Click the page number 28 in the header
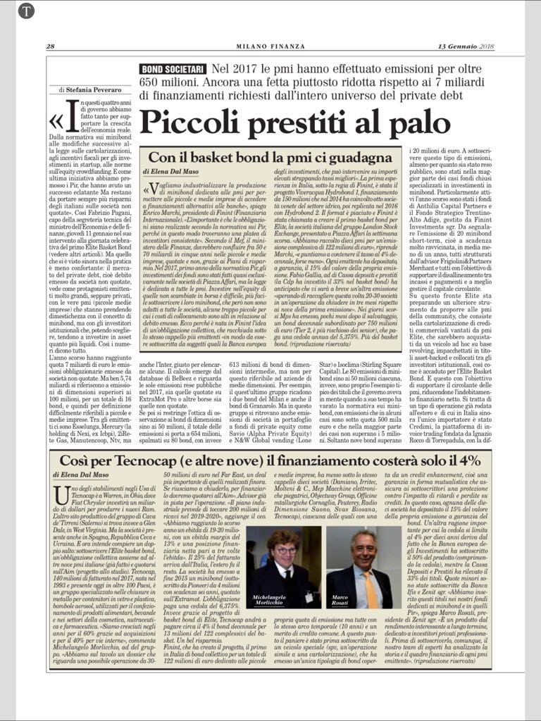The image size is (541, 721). [51, 46]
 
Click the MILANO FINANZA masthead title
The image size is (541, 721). [270, 46]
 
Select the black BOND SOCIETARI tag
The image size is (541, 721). [173, 69]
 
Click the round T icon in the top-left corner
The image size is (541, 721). [26, 11]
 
